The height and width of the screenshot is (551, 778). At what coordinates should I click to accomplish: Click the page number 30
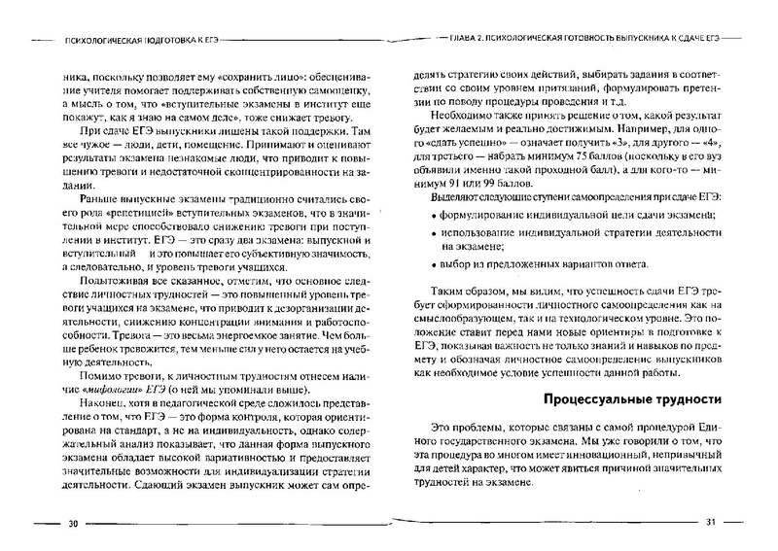tap(74, 523)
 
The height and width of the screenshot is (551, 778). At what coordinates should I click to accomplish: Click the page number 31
tap(710, 522)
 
